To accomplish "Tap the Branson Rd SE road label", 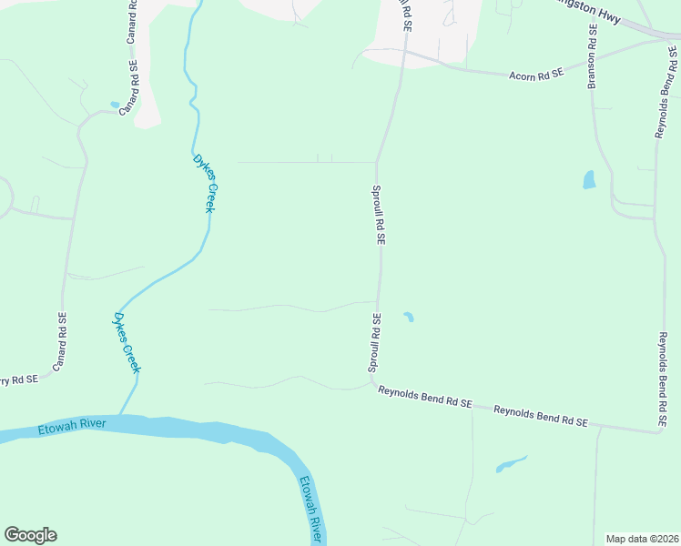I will (x=592, y=56).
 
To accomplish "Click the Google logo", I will (x=30, y=535).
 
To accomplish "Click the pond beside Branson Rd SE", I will (x=589, y=179).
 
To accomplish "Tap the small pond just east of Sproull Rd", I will (x=409, y=317).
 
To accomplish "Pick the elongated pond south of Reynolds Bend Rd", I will (x=511, y=464).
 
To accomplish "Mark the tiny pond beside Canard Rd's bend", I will (x=115, y=105).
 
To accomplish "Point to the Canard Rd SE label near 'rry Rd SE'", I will (x=60, y=342).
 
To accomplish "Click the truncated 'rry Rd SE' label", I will (x=18, y=379).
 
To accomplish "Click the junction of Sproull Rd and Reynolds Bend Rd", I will (x=377, y=387).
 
